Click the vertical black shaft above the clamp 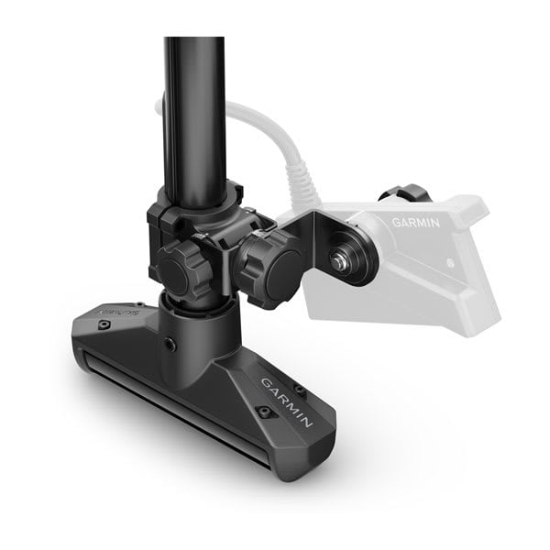[194, 110]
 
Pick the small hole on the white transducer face [452, 263]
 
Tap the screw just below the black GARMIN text [264, 412]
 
